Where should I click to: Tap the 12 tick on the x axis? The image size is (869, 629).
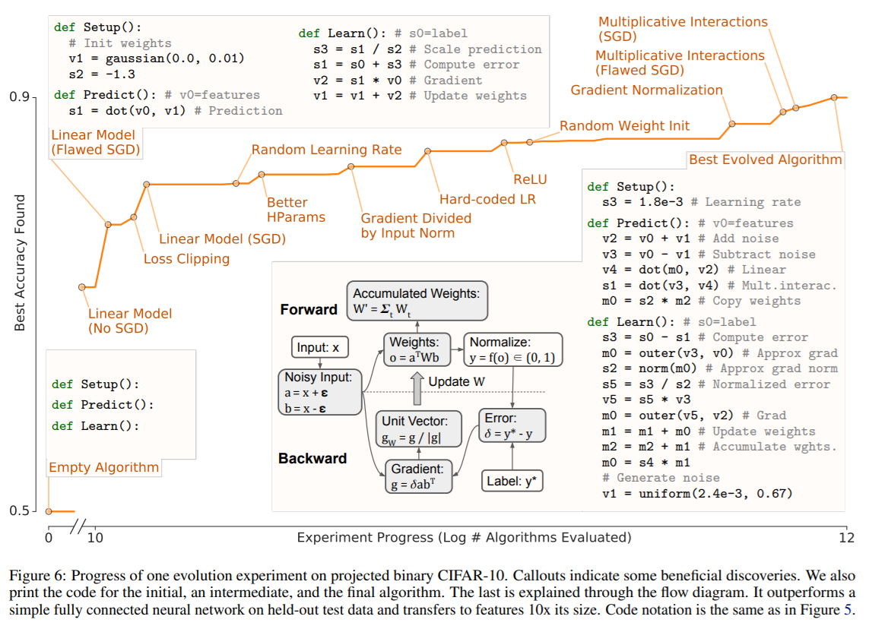pyautogui.click(x=846, y=538)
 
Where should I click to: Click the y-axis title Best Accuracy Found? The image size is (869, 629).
pyautogui.click(x=21, y=263)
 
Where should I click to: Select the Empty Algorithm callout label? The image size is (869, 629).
pyautogui.click(x=104, y=467)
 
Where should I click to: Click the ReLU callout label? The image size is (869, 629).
pyautogui.click(x=530, y=180)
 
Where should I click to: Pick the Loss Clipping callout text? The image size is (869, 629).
pyautogui.click(x=186, y=259)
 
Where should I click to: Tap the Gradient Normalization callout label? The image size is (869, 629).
pyautogui.click(x=647, y=90)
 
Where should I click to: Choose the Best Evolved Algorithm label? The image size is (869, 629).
pyautogui.click(x=765, y=160)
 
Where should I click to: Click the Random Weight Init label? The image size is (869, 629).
pyautogui.click(x=625, y=126)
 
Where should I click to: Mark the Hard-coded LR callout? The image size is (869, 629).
pyautogui.click(x=487, y=200)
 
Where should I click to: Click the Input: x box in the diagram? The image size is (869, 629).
pyautogui.click(x=320, y=349)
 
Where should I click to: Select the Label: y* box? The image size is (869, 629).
pyautogui.click(x=513, y=481)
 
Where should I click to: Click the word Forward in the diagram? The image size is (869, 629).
pyautogui.click(x=309, y=309)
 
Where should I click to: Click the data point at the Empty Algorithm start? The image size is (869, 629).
pyautogui.click(x=49, y=510)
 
